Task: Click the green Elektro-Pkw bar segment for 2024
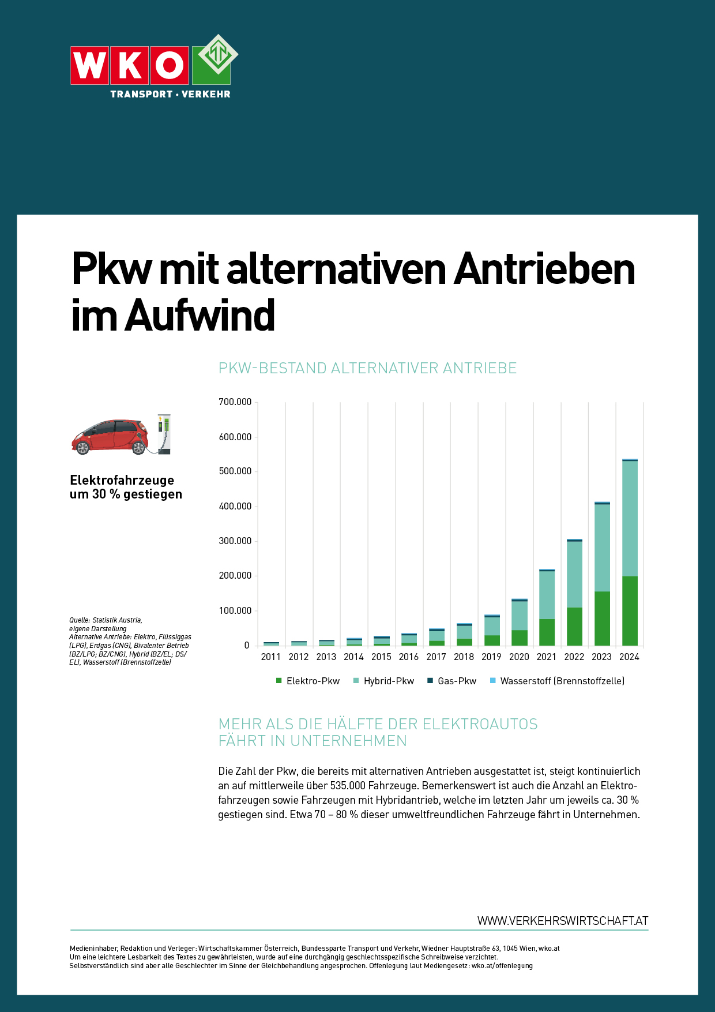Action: (630, 610)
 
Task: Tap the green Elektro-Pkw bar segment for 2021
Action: (547, 632)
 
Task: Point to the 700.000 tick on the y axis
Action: (235, 402)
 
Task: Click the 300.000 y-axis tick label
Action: (235, 541)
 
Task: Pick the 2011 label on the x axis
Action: (271, 657)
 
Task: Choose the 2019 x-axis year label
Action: (491, 657)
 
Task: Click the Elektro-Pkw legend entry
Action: (308, 681)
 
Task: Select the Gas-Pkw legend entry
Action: (452, 681)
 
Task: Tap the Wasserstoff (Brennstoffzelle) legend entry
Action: (557, 681)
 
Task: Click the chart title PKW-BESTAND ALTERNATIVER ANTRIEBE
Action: (367, 368)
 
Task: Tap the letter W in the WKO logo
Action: (89, 65)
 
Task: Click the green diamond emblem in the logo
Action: (218, 54)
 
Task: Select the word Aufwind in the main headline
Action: (200, 316)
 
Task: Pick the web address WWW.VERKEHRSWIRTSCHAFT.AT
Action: (562, 921)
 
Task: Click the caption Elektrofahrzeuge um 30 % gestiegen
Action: (126, 487)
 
